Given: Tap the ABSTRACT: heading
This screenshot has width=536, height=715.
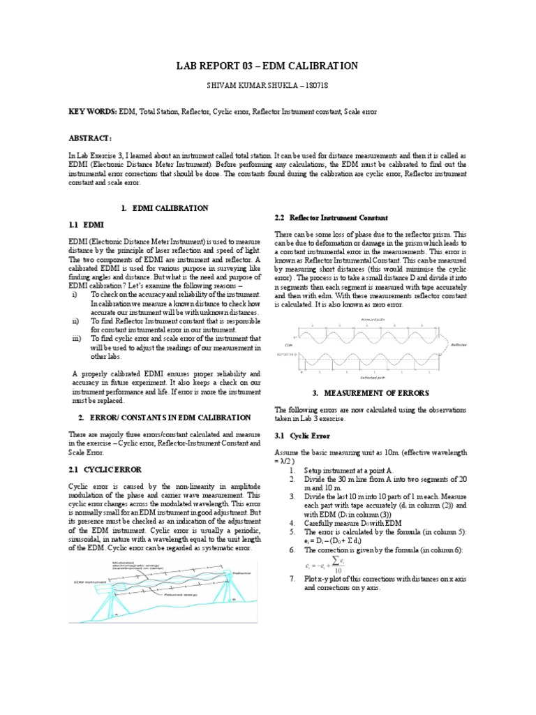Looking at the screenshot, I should pyautogui.click(x=90, y=139).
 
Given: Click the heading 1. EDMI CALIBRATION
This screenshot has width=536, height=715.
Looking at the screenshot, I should pyautogui.click(x=165, y=208).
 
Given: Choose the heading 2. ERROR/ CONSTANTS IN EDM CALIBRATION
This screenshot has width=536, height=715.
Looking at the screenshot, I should pyautogui.click(x=164, y=418).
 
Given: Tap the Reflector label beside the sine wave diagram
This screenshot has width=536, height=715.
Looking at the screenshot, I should pyautogui.click(x=459, y=344).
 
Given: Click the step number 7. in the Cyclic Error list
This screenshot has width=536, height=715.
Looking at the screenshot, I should pyautogui.click(x=292, y=579).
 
